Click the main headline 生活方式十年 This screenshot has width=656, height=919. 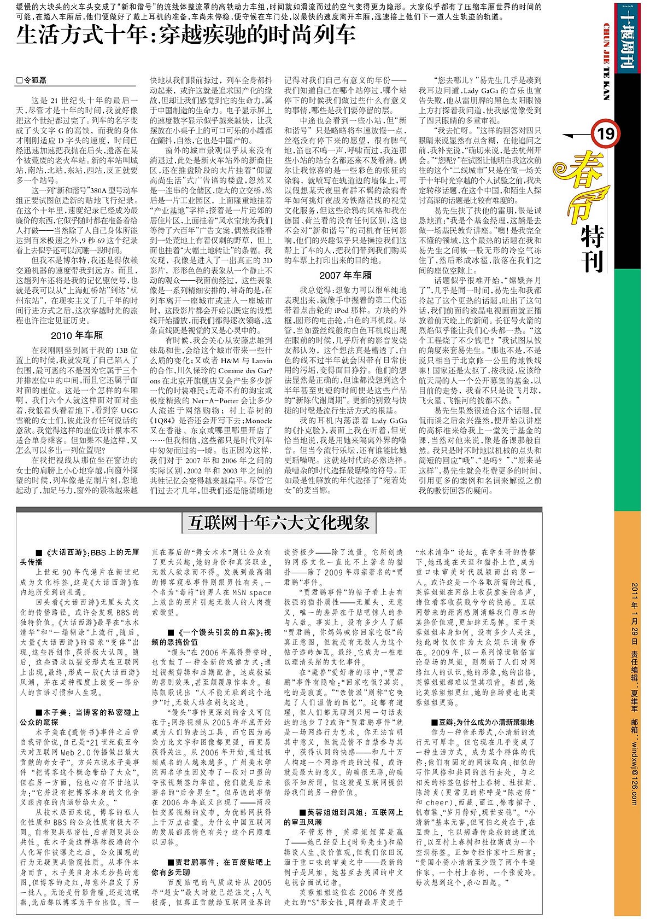click(x=186, y=35)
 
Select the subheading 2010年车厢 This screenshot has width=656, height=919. click(x=77, y=335)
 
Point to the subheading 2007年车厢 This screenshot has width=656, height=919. click(x=345, y=275)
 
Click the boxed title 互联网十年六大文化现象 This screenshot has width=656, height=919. click(x=279, y=522)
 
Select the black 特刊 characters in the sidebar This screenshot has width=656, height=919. click(x=591, y=249)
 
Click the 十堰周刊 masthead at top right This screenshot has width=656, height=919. click(x=624, y=37)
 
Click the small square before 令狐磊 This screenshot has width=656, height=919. click(x=20, y=80)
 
